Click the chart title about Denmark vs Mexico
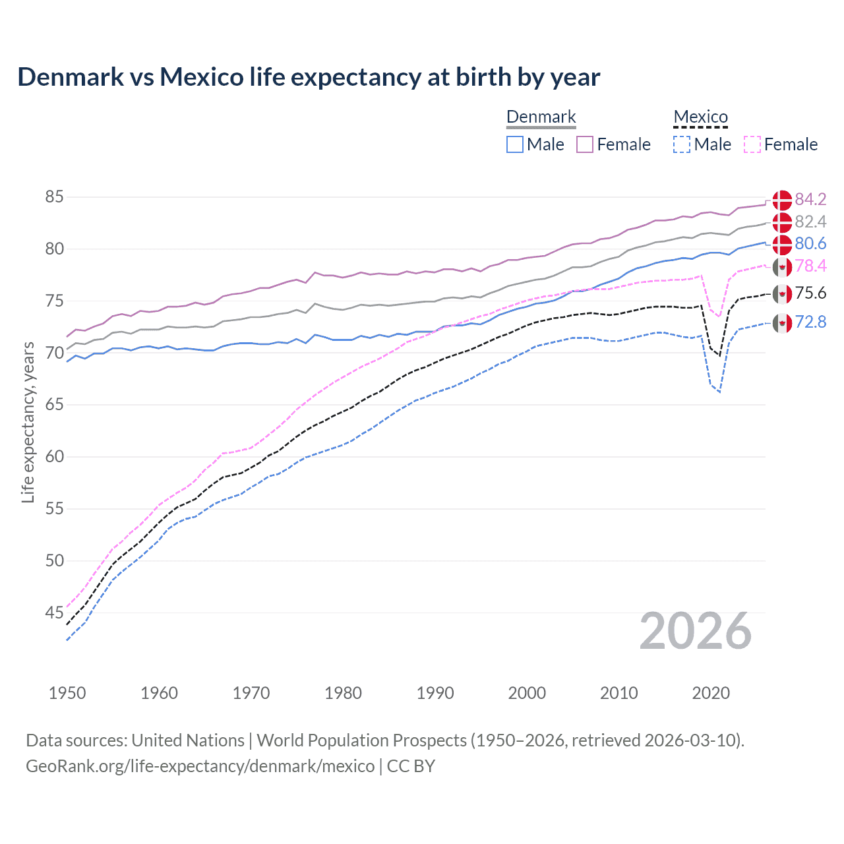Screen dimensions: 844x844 click(309, 77)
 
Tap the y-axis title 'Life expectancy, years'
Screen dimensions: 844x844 click(28, 423)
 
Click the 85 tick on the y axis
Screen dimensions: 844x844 click(55, 197)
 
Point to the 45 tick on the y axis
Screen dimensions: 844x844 click(55, 613)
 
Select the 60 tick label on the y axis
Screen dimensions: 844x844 click(55, 457)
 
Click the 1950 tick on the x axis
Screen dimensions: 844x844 click(67, 693)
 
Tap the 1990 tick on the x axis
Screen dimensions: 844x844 click(435, 693)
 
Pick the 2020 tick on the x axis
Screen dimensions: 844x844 click(711, 693)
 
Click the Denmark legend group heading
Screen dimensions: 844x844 click(541, 117)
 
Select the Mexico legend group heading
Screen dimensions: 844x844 click(700, 117)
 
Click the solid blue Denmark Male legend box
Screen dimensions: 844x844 click(515, 144)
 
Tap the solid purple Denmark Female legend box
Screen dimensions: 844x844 click(585, 144)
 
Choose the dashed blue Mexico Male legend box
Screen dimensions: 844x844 click(682, 144)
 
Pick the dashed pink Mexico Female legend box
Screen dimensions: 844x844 click(752, 144)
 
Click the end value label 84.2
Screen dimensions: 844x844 click(810, 200)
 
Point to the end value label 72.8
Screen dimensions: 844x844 click(810, 322)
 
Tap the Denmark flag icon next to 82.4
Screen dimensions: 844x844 click(782, 222)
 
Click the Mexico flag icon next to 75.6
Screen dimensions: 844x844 click(782, 294)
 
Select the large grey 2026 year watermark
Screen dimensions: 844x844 click(696, 632)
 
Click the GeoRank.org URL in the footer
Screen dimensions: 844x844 click(200, 766)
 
